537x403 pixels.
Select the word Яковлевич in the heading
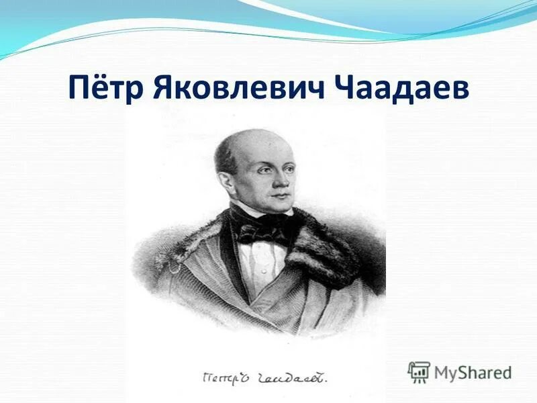[x=239, y=88]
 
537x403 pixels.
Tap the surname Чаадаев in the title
[x=396, y=88]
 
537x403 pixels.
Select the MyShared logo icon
[x=419, y=371]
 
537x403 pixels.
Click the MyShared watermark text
[x=473, y=371]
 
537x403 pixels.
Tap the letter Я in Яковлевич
[x=168, y=88]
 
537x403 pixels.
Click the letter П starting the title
[x=81, y=88]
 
